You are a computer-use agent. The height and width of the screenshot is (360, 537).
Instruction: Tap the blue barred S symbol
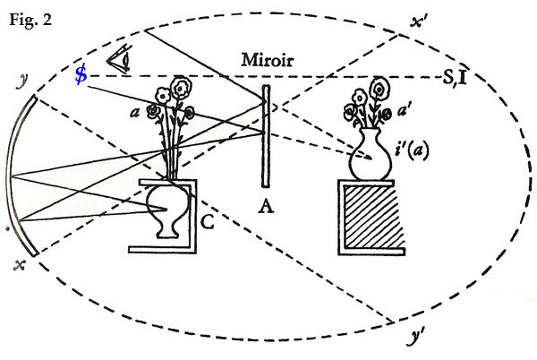click(81, 75)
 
